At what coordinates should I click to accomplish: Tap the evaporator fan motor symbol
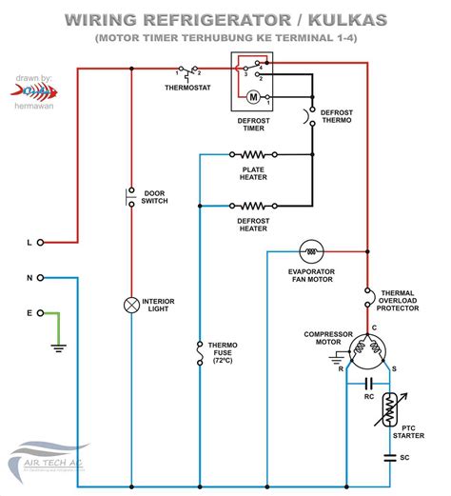click(x=311, y=251)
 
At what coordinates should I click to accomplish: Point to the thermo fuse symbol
click(x=199, y=356)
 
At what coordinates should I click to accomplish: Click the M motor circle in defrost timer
click(x=253, y=96)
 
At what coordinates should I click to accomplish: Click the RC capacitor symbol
click(x=369, y=384)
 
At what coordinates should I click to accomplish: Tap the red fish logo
click(x=34, y=90)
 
